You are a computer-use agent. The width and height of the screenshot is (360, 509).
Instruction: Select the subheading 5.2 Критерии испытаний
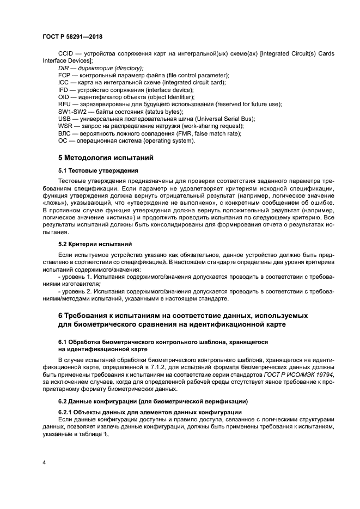tap(95, 244)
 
